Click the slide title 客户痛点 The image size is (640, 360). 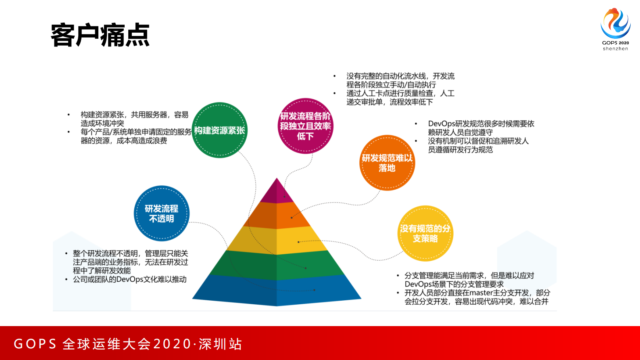[100, 36]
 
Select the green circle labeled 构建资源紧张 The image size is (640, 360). [219, 130]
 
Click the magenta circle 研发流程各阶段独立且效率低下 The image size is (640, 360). [305, 126]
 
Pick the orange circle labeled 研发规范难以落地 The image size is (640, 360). [387, 163]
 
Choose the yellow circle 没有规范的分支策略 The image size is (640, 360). [425, 233]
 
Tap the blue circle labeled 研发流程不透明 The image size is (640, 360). [161, 213]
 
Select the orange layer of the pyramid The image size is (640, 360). [277, 215]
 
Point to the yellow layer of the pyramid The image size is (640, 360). [277, 240]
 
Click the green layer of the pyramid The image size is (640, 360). [277, 265]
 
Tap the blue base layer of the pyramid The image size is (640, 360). [277, 290]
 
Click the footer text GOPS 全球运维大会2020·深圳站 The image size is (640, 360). [128, 344]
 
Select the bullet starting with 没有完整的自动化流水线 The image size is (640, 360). [400, 80]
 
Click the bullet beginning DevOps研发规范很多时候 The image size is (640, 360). [481, 128]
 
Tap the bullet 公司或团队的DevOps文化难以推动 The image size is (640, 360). [129, 279]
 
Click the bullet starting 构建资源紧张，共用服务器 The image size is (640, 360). [134, 119]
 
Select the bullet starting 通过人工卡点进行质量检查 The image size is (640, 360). [400, 98]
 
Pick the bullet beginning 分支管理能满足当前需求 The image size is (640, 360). [469, 280]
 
